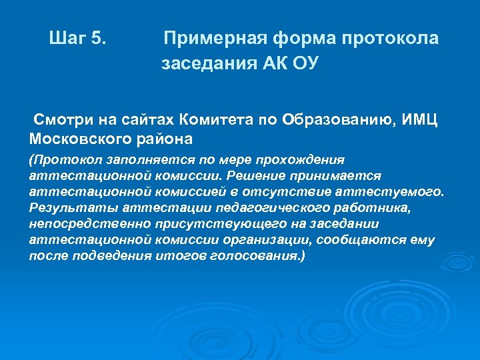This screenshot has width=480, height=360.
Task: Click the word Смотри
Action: click(x=64, y=119)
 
